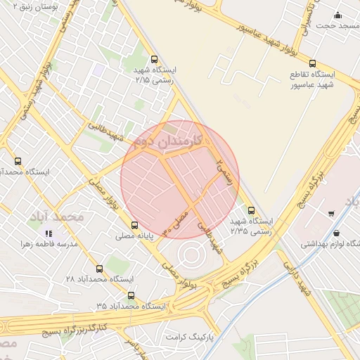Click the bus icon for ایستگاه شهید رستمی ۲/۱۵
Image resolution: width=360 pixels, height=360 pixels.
(154, 60)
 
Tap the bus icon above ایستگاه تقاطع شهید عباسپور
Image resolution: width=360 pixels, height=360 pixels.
(312, 63)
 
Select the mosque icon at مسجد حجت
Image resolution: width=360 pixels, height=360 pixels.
(337, 15)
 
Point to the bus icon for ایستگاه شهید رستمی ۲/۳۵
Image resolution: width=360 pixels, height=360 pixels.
(251, 210)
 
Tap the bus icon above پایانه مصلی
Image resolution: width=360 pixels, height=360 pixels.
(134, 226)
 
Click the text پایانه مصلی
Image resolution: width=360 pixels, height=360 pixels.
(135, 237)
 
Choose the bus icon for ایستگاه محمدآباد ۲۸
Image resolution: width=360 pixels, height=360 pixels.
(98, 269)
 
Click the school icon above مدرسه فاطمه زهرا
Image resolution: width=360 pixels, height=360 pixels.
(49, 233)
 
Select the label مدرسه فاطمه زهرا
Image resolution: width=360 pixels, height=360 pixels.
(49, 245)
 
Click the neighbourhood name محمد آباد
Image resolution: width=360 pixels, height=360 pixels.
(56, 217)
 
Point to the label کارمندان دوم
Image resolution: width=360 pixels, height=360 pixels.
(167, 142)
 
